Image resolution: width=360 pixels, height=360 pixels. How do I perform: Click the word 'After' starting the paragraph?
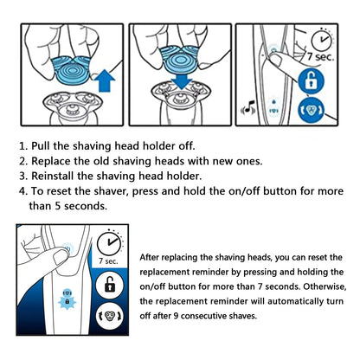153,255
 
